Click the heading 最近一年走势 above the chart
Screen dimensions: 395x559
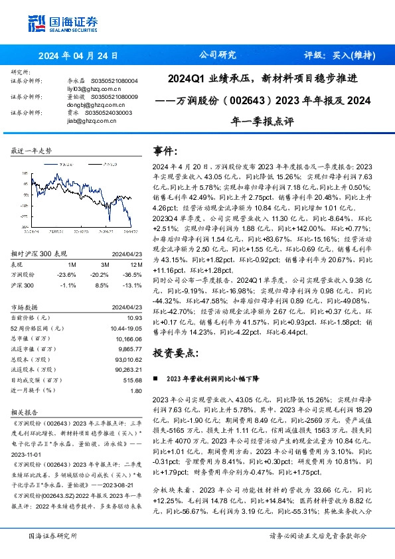[31, 151]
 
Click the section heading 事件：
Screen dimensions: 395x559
[165, 151]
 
